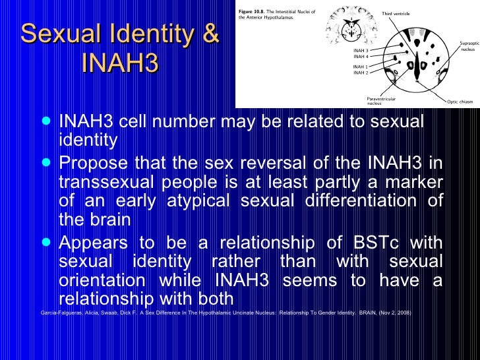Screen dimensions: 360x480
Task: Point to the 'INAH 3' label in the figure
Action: (361, 50)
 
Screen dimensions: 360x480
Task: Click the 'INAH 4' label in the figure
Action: (361, 56)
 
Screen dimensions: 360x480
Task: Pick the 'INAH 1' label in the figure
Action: (361, 67)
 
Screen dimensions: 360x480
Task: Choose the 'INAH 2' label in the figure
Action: (361, 73)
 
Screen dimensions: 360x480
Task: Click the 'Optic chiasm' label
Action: (460, 102)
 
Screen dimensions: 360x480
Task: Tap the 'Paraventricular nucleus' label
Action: (382, 101)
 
